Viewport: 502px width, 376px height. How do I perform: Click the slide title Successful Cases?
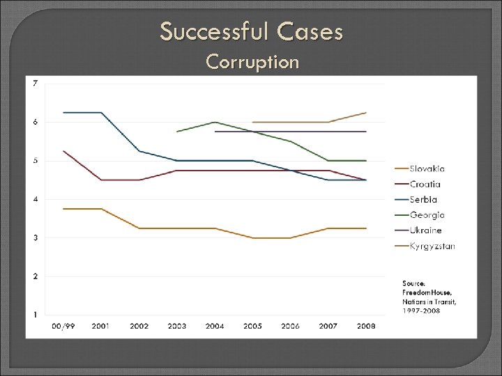(251, 31)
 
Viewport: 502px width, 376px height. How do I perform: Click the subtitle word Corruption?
(252, 63)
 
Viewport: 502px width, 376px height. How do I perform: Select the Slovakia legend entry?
(427, 169)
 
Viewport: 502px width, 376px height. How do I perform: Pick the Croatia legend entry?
(425, 184)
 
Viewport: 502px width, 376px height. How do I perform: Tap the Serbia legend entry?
(423, 200)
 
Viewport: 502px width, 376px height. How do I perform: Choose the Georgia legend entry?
(427, 215)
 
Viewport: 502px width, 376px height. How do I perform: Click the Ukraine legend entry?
(425, 230)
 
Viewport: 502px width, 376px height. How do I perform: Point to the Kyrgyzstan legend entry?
(432, 246)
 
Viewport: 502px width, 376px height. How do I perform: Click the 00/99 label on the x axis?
(63, 326)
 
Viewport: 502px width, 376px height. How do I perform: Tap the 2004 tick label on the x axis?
(215, 326)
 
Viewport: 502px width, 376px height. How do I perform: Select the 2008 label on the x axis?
(366, 326)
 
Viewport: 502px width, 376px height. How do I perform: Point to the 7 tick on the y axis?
(36, 84)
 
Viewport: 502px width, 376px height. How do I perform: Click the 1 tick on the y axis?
(36, 315)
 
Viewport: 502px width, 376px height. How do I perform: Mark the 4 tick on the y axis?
(36, 199)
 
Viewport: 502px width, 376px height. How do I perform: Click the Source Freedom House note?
(429, 297)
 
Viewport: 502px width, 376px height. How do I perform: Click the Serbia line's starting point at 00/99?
(63, 112)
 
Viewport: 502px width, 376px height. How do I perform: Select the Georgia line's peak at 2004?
(215, 122)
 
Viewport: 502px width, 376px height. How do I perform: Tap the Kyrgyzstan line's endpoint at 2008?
(366, 112)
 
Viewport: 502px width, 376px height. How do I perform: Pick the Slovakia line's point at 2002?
(139, 228)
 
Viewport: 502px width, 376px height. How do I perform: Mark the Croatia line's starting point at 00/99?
(63, 151)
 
